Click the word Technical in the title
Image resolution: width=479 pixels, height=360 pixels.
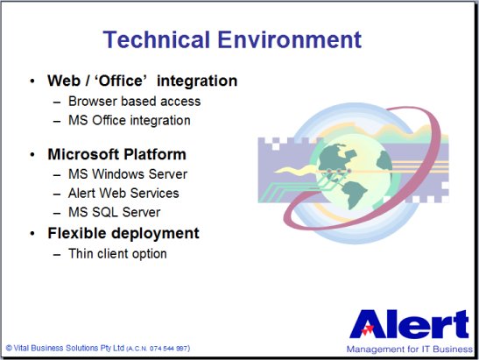pos(157,39)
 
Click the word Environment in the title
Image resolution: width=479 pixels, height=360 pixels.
pos(290,39)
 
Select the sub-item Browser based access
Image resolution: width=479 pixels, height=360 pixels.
pos(134,101)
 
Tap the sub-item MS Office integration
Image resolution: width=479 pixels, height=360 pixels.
pos(130,120)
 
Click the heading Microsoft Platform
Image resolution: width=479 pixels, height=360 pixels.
pos(117,154)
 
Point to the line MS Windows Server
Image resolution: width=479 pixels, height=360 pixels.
pos(128,174)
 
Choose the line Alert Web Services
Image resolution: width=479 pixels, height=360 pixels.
pos(123,194)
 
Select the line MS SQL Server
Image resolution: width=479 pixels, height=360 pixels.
pos(114,212)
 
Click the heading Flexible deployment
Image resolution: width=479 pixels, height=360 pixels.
pos(123,234)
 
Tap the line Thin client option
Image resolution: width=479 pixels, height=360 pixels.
pos(117,254)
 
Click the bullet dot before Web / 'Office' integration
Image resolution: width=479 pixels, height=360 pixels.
pos(32,81)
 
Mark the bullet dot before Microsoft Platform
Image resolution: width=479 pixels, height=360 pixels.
pos(32,155)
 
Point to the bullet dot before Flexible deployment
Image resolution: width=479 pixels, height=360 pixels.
pos(32,234)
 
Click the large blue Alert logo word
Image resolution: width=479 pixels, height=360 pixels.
pos(409,324)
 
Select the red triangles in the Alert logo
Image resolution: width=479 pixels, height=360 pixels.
pos(368,329)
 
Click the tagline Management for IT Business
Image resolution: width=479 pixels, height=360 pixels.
pos(410,349)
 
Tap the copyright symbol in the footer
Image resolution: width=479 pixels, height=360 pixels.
pos(9,348)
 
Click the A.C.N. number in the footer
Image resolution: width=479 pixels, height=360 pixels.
pos(158,349)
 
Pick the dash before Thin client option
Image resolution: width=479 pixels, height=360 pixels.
pos(57,254)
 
